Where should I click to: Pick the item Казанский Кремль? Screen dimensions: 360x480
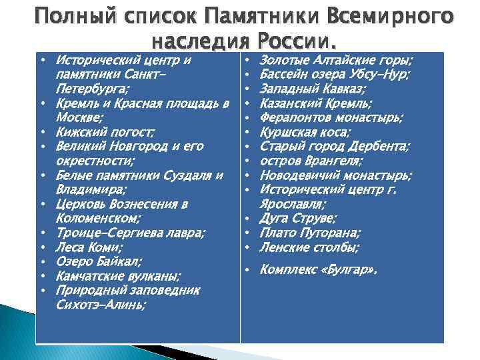[315, 103]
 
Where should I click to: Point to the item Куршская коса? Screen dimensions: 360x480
[304, 131]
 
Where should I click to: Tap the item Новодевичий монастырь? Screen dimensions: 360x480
[335, 175]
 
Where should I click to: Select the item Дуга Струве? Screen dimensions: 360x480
[297, 218]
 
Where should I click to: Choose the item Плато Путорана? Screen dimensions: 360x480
[310, 233]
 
